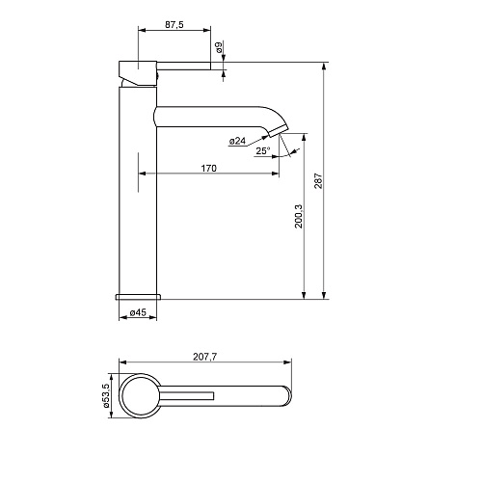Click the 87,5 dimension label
174,25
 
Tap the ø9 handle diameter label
219,47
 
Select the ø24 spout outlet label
237,141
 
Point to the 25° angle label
263,150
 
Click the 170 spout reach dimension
209,168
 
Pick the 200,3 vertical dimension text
299,216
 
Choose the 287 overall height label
318,181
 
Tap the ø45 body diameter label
138,312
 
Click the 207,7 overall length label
205,357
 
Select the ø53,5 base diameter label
106,395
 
